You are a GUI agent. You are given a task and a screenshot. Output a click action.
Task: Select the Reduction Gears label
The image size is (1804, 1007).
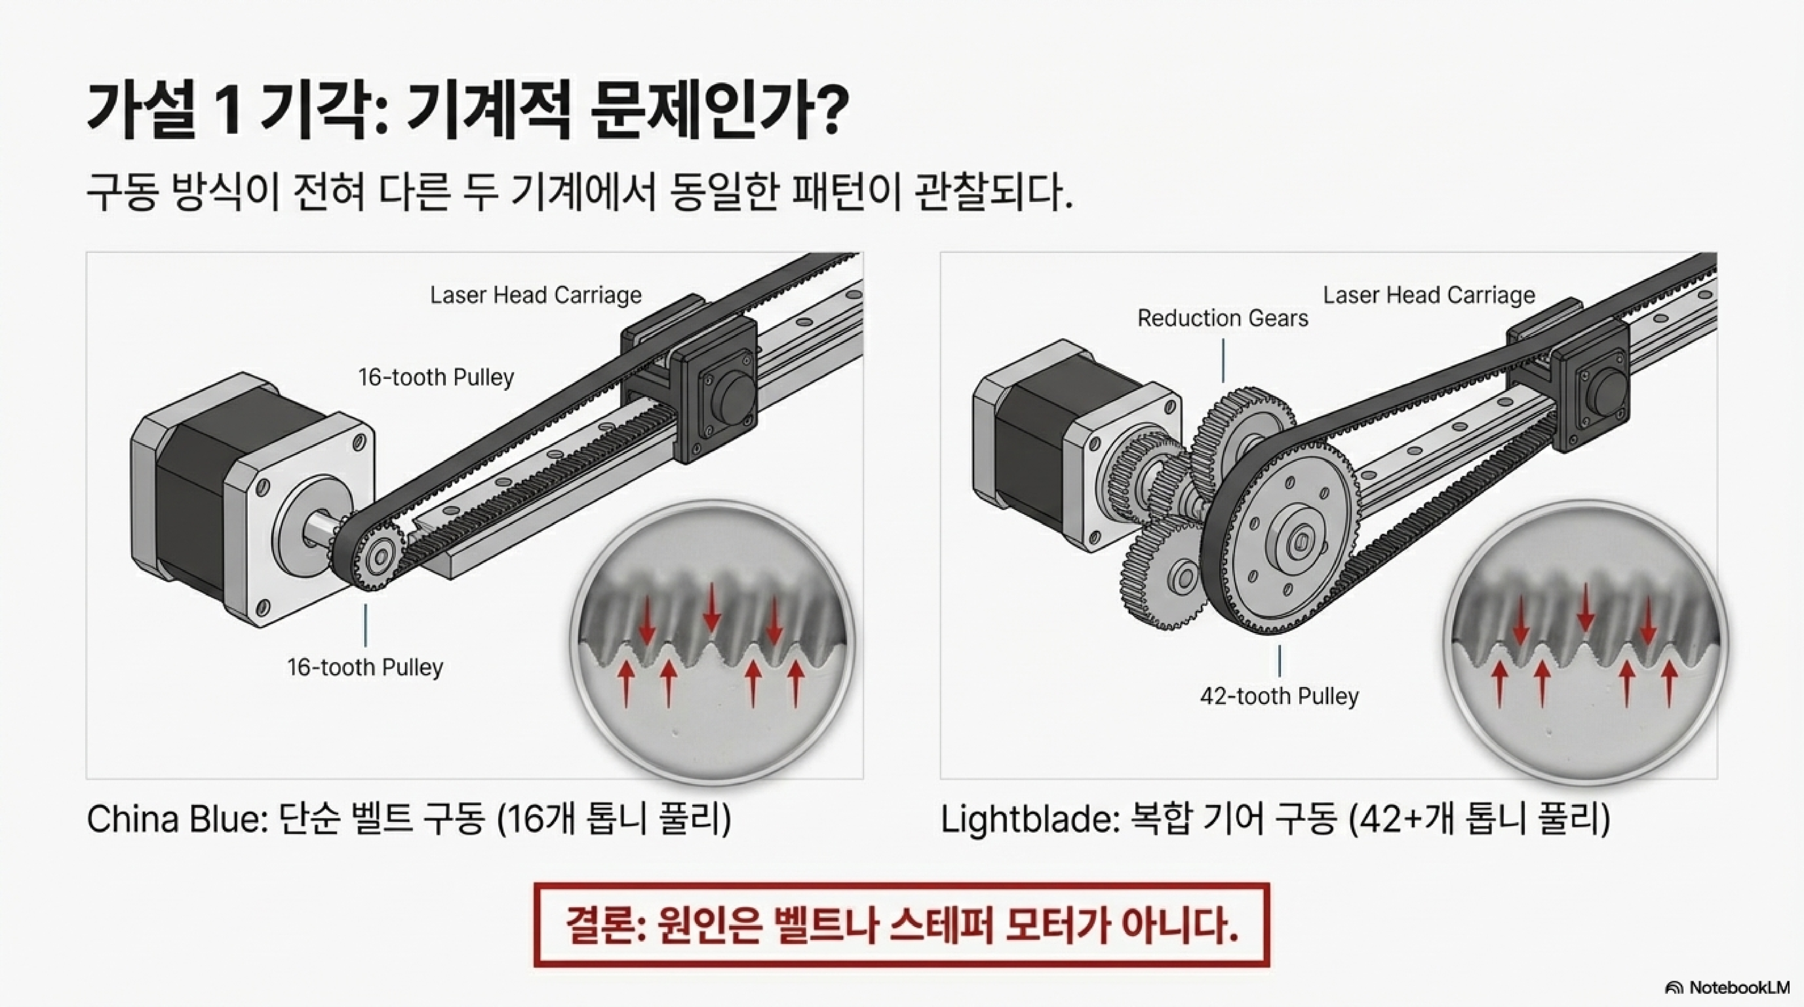pyautogui.click(x=1222, y=319)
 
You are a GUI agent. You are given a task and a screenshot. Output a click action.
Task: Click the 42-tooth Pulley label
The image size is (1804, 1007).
pyautogui.click(x=1279, y=696)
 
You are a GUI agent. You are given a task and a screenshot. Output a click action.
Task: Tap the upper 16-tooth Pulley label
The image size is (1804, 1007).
pyautogui.click(x=436, y=377)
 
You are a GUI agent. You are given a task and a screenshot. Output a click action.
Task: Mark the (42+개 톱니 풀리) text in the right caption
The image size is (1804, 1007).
pyautogui.click(x=1478, y=819)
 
